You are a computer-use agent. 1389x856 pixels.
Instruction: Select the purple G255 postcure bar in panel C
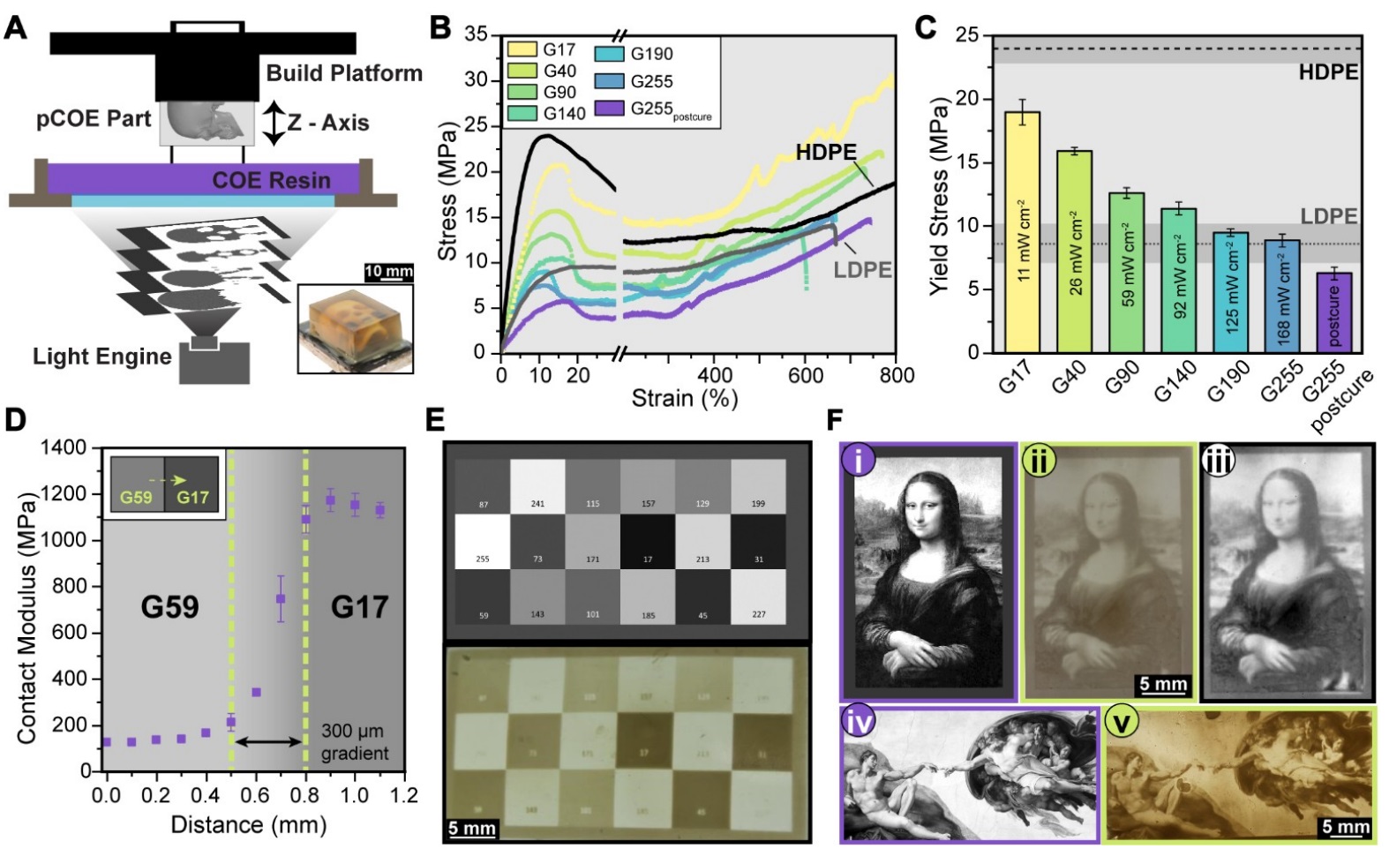[x=1333, y=312]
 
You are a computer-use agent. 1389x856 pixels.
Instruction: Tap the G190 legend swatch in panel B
[x=610, y=54]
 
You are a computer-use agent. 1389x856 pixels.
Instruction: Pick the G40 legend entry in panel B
[x=559, y=71]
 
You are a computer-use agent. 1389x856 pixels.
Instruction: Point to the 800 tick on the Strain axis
[x=896, y=375]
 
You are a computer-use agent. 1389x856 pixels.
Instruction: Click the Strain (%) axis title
[x=684, y=399]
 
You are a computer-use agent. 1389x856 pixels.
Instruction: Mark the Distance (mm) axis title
[x=248, y=825]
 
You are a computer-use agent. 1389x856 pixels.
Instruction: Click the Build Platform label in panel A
[x=344, y=73]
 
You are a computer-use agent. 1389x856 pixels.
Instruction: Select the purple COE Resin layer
[x=203, y=179]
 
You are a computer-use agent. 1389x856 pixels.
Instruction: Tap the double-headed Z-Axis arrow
[x=274, y=123]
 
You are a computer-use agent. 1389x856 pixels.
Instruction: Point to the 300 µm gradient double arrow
[x=268, y=742]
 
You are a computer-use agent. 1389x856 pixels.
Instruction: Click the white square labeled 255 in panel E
[x=482, y=542]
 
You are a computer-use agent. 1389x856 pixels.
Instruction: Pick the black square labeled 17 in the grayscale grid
[x=647, y=542]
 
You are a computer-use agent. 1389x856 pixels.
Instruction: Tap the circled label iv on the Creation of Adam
[x=859, y=722]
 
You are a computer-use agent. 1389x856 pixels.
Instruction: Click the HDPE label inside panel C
[x=1327, y=72]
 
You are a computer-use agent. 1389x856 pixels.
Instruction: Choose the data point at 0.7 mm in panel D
[x=281, y=598]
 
